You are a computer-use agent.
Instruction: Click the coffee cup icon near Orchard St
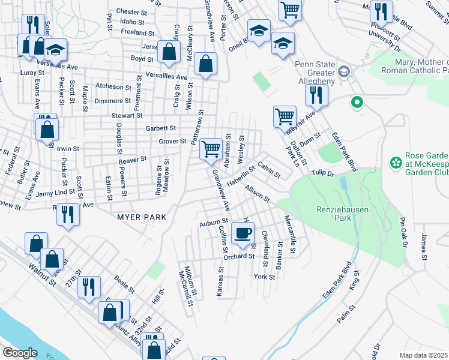pyautogui.click(x=243, y=233)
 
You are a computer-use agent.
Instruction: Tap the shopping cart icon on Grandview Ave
pyautogui.click(x=211, y=148)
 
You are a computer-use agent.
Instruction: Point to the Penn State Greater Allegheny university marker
pyautogui.click(x=343, y=72)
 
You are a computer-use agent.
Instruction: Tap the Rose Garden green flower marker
pyautogui.click(x=395, y=162)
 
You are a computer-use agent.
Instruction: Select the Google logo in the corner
pyautogui.click(x=20, y=353)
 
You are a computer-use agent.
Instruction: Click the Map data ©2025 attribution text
pyautogui.click(x=423, y=355)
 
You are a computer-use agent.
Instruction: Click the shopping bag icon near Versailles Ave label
pyautogui.click(x=205, y=64)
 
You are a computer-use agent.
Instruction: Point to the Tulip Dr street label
pyautogui.click(x=322, y=173)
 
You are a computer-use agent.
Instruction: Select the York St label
pyautogui.click(x=264, y=277)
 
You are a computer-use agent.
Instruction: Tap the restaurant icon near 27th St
pyautogui.click(x=89, y=286)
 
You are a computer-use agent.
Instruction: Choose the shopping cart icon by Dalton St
pyautogui.click(x=285, y=116)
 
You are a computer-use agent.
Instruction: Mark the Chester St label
pyautogui.click(x=131, y=11)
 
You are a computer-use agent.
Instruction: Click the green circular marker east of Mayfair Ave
pyautogui.click(x=357, y=103)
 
